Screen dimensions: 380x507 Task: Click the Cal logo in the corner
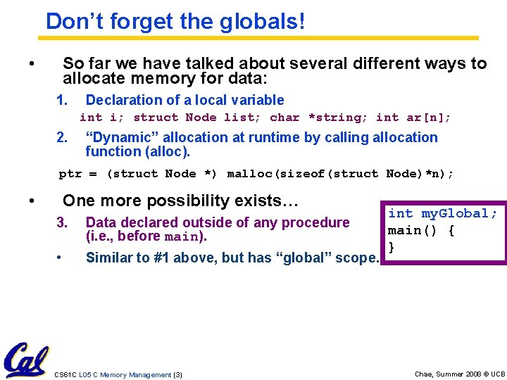click(25, 360)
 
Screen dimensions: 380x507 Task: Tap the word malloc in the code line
click(252, 173)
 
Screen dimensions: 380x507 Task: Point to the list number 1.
click(61, 100)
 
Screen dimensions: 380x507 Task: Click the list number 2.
click(61, 137)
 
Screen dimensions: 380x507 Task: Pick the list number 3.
click(61, 222)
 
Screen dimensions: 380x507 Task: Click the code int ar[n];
click(413, 118)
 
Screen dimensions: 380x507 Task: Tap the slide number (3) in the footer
click(177, 374)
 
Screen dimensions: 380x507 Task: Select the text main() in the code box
click(414, 231)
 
